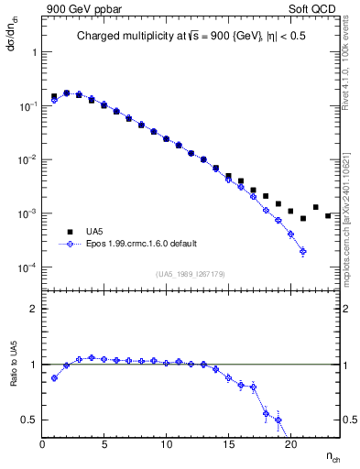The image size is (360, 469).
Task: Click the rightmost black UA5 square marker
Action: [328, 215]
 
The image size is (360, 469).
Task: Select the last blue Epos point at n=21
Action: [302, 251]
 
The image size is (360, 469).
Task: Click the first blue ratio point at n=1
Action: [54, 377]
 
